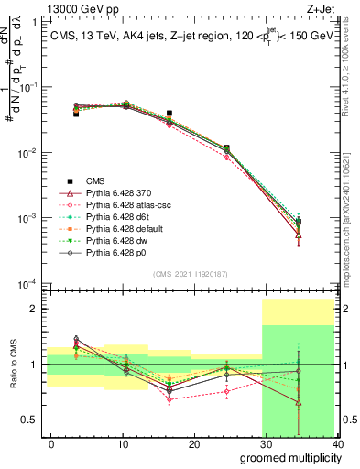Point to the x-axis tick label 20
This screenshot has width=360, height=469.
(194, 444)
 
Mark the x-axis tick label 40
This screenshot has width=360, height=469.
(337, 444)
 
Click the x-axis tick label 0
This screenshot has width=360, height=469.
(51, 444)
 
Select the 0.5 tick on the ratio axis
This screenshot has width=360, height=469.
(33, 420)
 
